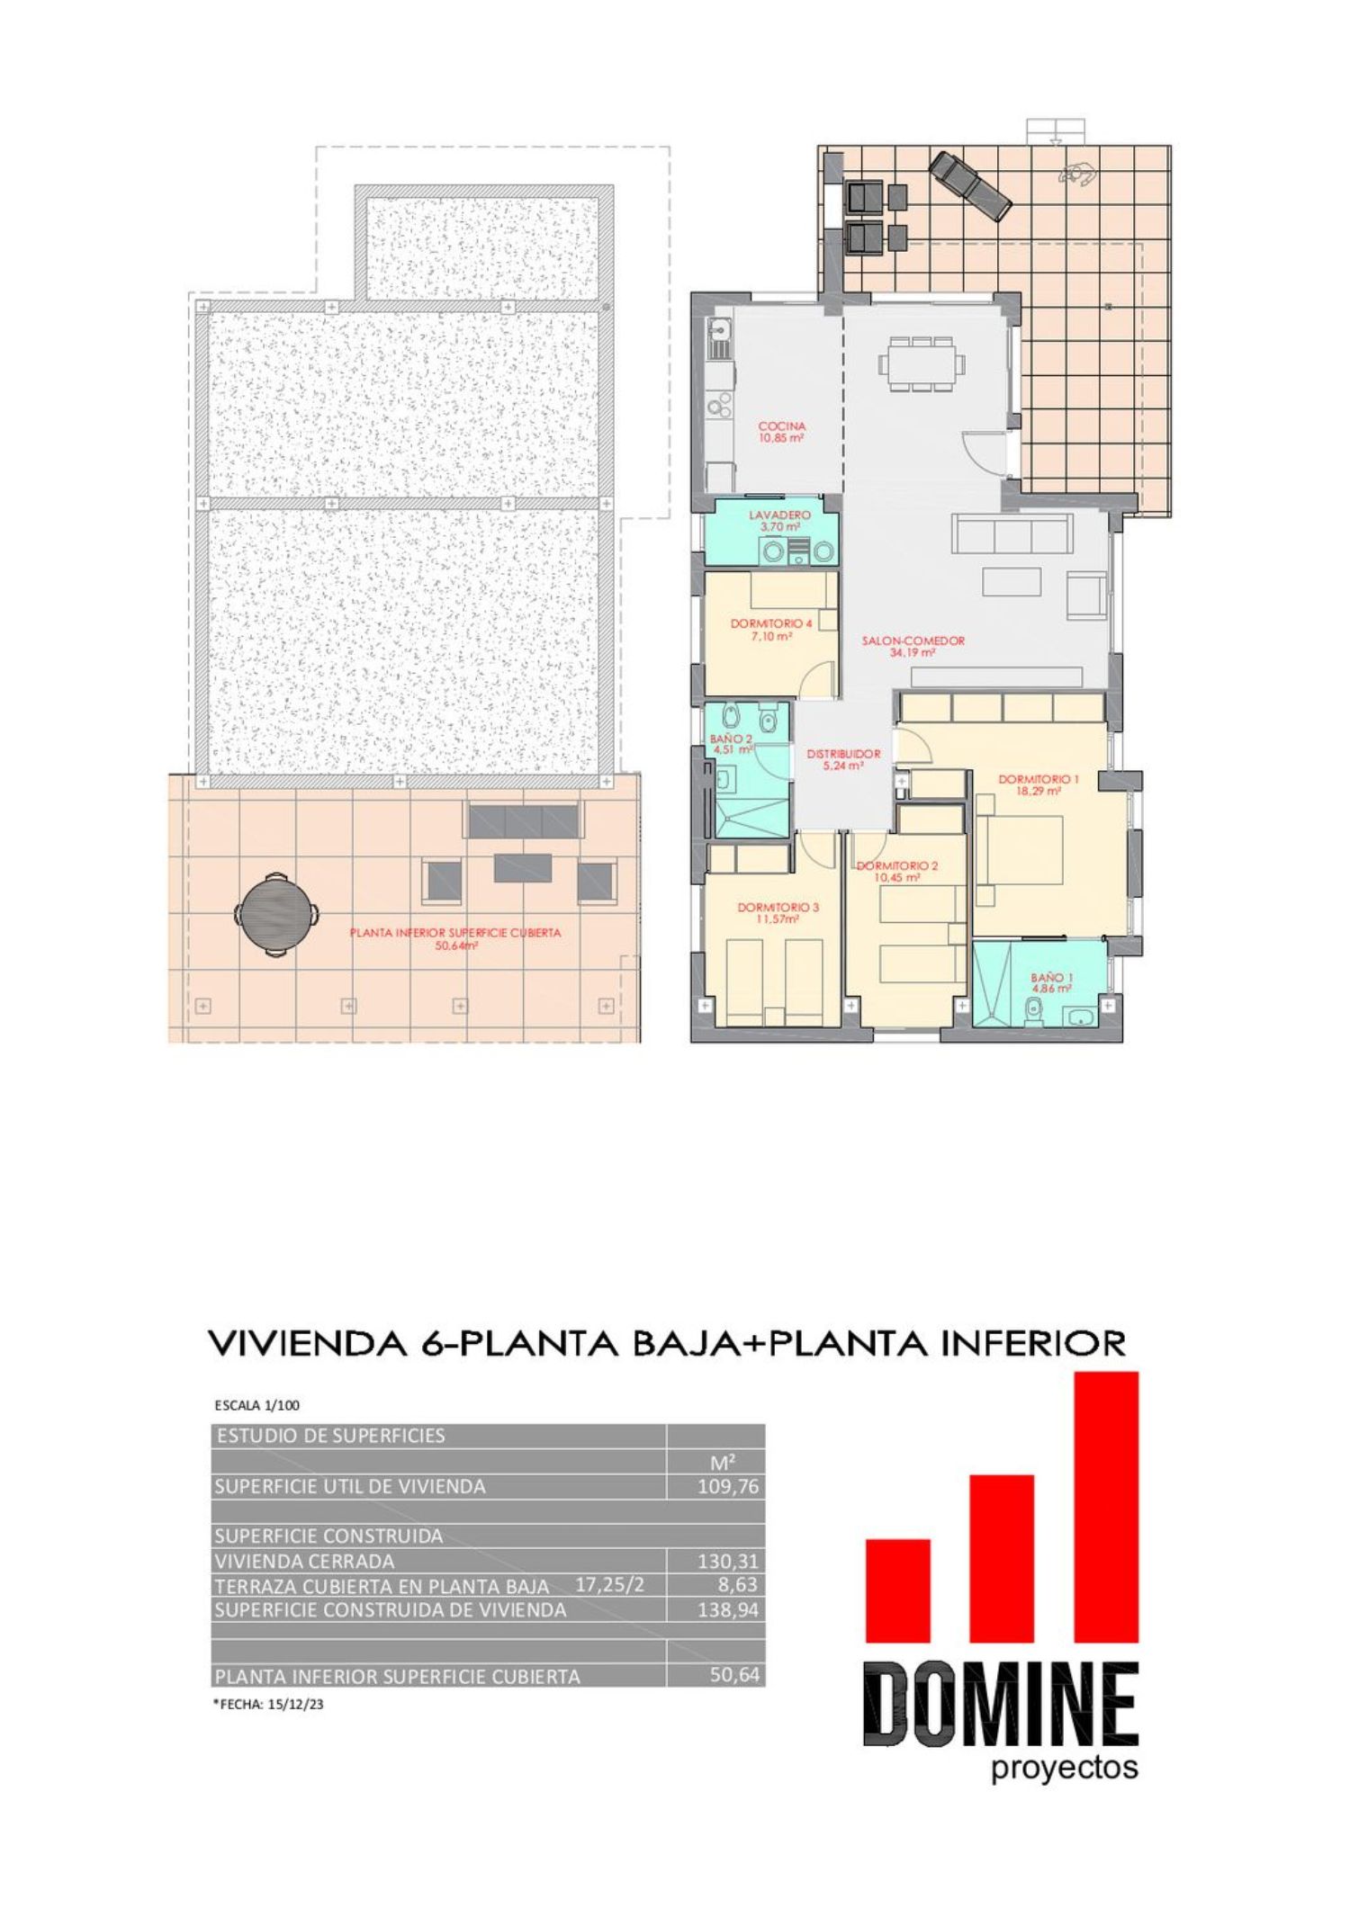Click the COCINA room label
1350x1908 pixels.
(781, 426)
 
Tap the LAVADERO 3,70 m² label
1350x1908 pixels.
(780, 521)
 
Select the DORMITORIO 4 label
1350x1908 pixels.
(771, 623)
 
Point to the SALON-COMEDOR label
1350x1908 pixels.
(913, 641)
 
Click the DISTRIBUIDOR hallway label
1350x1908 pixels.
(843, 754)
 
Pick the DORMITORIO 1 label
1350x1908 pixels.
(1038, 779)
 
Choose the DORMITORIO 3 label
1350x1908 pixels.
(778, 908)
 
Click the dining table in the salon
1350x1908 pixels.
(922, 363)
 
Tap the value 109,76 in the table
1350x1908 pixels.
(728, 1486)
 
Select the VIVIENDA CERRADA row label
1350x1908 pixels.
(304, 1561)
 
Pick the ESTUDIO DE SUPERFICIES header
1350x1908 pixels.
(330, 1435)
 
